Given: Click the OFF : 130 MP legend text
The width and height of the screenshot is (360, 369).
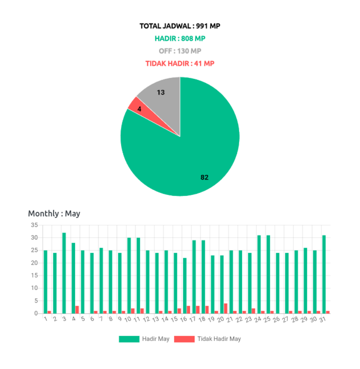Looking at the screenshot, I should pyautogui.click(x=180, y=50).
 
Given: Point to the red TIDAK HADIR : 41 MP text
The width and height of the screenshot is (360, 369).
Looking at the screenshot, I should pyautogui.click(x=180, y=63).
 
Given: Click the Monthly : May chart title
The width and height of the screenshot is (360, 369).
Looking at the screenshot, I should pyautogui.click(x=54, y=213).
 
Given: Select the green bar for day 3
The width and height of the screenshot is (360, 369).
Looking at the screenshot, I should pyautogui.click(x=64, y=272).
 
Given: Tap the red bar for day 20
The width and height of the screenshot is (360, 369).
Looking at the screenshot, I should pyautogui.click(x=226, y=308).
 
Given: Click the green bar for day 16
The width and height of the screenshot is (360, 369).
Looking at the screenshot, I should pyautogui.click(x=184, y=285).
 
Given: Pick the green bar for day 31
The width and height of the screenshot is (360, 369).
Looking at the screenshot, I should pyautogui.click(x=324, y=274).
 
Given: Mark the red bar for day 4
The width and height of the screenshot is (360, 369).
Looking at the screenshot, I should pyautogui.click(x=77, y=309).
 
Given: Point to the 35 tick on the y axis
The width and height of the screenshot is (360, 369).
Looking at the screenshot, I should pyautogui.click(x=34, y=224).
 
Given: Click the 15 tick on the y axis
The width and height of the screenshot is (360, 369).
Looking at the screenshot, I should pyautogui.click(x=34, y=275).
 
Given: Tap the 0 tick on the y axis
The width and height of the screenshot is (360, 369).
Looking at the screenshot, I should pyautogui.click(x=36, y=313).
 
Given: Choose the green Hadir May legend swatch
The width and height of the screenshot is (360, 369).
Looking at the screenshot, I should pyautogui.click(x=129, y=339).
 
